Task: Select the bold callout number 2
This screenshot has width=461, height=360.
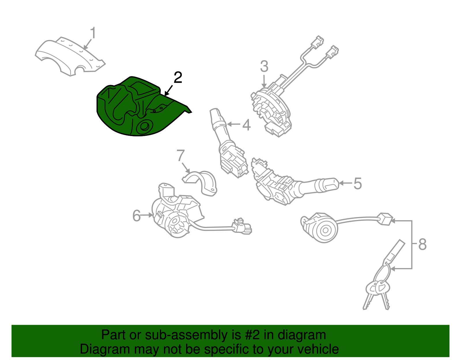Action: (x=178, y=78)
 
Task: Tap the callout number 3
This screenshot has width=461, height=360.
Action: (x=264, y=66)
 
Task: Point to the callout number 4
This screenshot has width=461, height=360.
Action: (x=247, y=125)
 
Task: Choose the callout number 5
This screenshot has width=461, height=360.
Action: (x=358, y=184)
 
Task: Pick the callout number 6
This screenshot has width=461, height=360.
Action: (x=136, y=216)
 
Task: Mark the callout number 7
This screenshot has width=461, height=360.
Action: (x=181, y=155)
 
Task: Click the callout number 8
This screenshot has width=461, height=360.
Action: (x=422, y=244)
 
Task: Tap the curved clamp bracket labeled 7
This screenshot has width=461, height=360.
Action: (x=201, y=182)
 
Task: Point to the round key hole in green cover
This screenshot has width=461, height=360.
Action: (x=145, y=127)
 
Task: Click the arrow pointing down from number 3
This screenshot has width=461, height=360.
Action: (x=264, y=81)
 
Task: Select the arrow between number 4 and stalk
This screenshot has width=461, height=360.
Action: (x=234, y=124)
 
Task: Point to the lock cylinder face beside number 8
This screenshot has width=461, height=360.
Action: (x=325, y=231)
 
